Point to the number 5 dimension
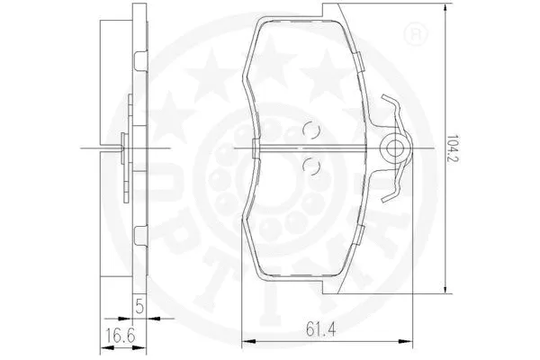pos(140,304)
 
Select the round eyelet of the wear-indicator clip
pos(393,147)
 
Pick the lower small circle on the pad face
pos(310,164)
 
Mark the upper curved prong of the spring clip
pos(389,106)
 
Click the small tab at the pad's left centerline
pos(256,147)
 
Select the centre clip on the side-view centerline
pos(123,147)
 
